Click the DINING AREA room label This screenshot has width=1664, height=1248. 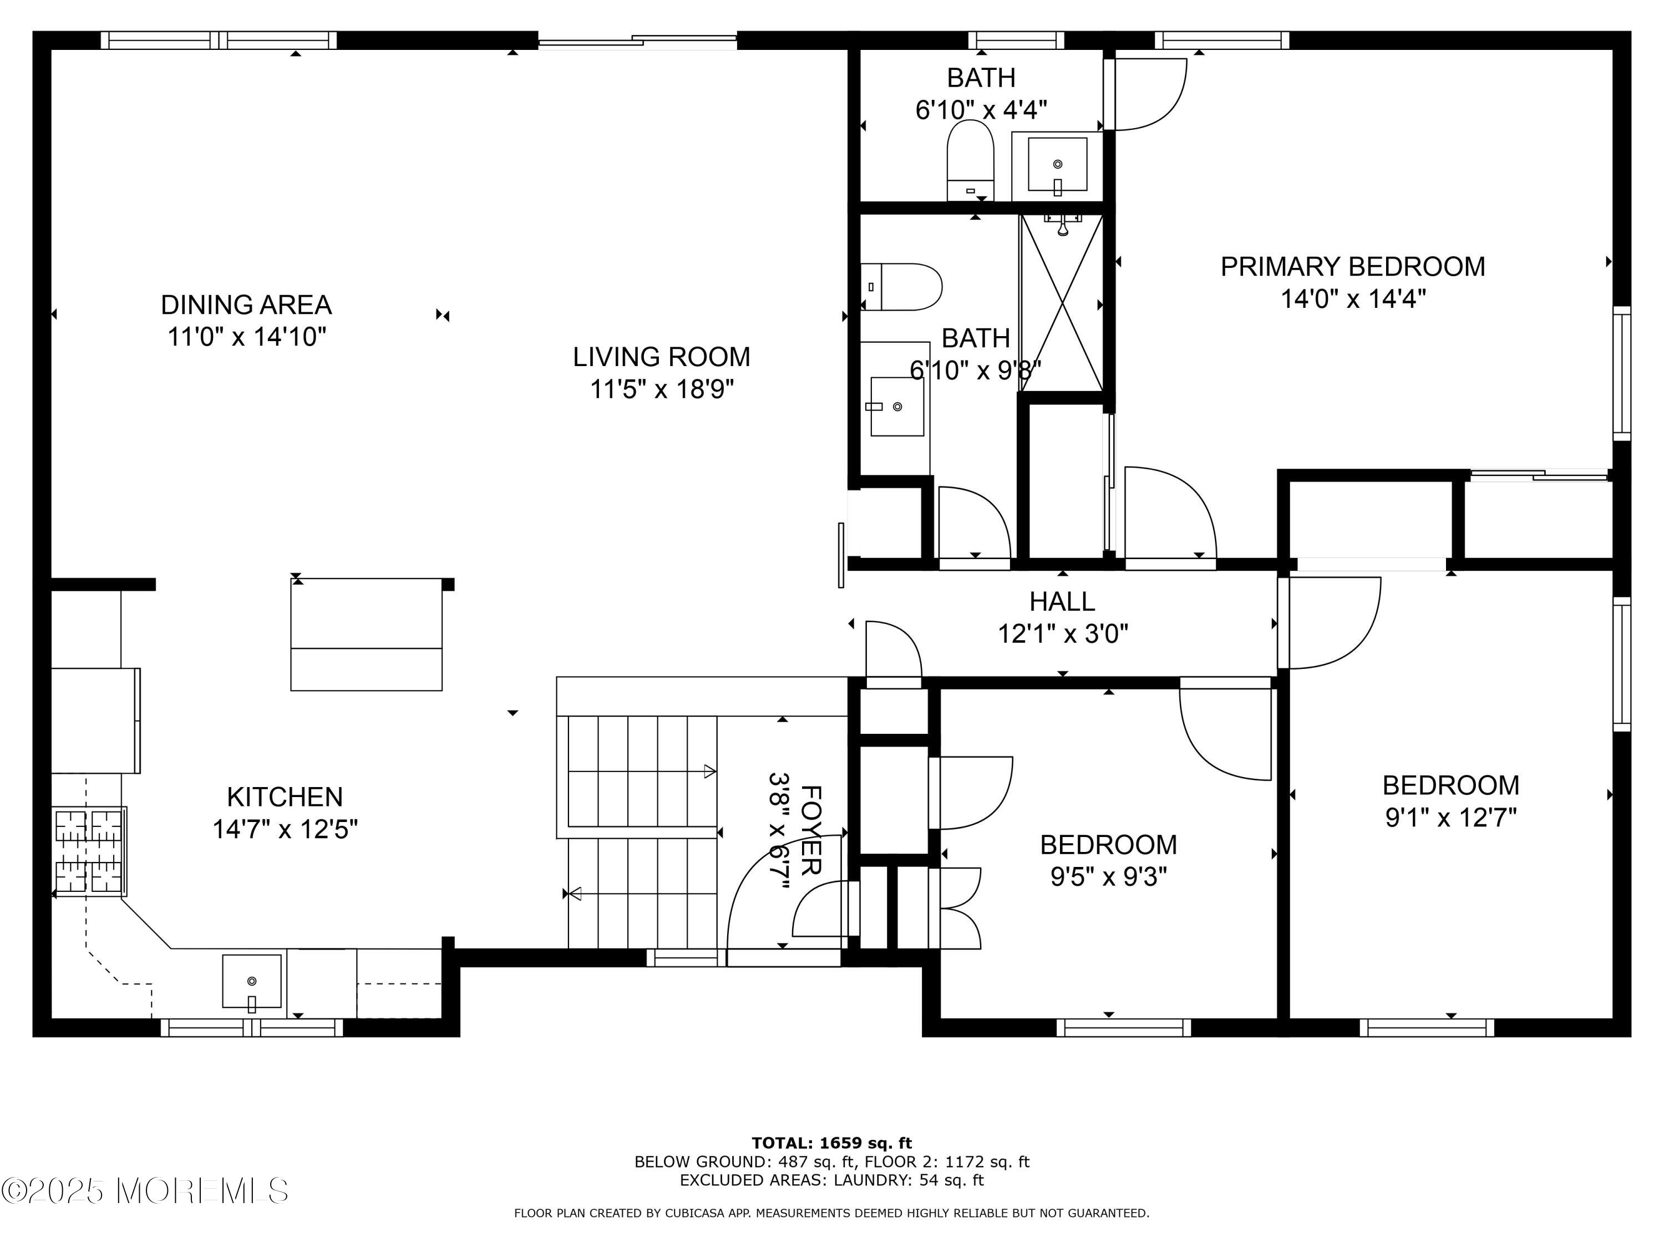246,305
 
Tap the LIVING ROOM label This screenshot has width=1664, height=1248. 661,357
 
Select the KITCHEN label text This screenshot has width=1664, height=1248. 285,797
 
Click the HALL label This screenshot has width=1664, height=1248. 1062,601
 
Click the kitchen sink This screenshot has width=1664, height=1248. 252,981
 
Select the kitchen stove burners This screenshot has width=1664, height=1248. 89,851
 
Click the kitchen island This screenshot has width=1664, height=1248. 366,634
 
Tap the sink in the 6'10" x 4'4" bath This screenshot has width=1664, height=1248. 1057,165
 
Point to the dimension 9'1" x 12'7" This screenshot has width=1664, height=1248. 1450,817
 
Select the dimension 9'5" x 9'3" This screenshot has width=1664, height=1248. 1108,877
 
